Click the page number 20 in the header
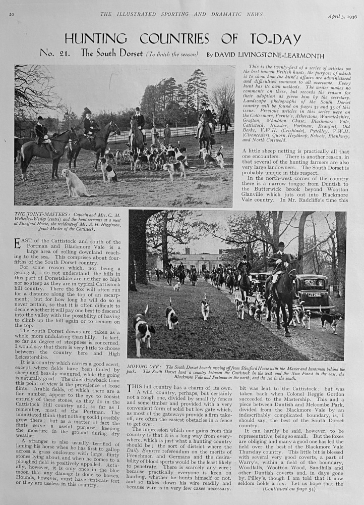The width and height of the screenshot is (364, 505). tap(12, 14)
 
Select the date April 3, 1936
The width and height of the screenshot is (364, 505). tap(342, 16)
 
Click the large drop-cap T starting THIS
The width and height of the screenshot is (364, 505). tap(132, 389)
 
